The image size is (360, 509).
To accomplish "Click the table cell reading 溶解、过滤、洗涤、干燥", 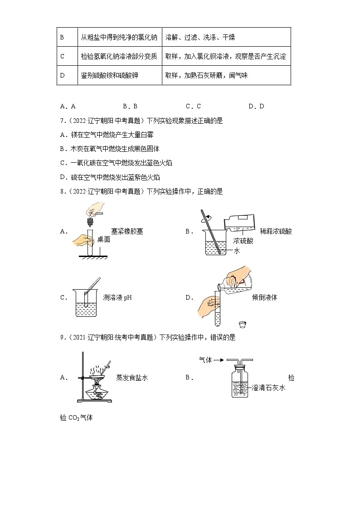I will click(x=200, y=37).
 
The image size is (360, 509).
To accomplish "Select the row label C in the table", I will click(x=63, y=56).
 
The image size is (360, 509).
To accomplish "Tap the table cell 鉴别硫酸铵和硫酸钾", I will click(x=109, y=75).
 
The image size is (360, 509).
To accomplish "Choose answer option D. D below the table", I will click(x=256, y=106).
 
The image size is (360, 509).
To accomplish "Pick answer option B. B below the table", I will click(x=130, y=106).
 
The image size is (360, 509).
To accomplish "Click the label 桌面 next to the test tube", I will click(x=104, y=239).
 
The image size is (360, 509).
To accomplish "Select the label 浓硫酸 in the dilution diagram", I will click(x=243, y=241).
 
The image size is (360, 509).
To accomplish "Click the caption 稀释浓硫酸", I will click(x=276, y=231).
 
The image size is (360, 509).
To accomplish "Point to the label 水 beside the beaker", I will click(x=236, y=251).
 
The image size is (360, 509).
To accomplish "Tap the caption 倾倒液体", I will click(x=264, y=297).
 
